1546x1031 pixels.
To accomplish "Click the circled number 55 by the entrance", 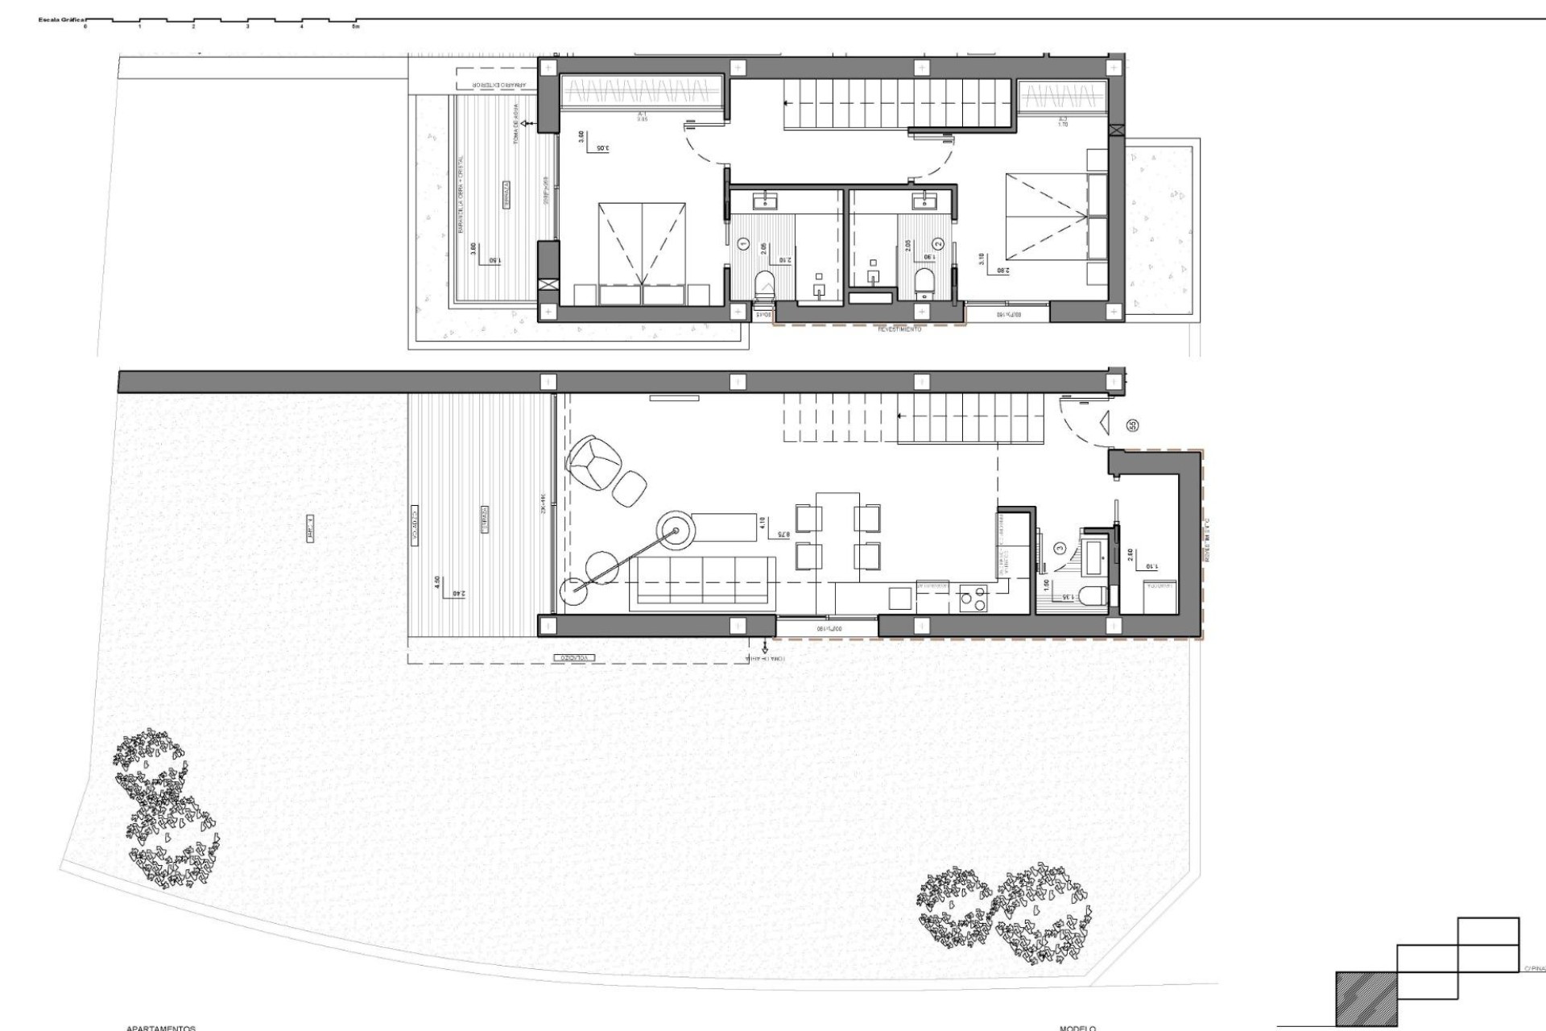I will tap(1133, 425).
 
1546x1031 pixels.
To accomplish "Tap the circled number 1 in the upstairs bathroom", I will tap(743, 243).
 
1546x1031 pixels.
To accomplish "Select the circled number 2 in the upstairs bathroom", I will tap(937, 243).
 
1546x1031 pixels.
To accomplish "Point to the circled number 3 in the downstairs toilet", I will tap(1060, 549).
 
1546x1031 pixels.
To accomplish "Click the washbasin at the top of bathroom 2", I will tap(920, 200).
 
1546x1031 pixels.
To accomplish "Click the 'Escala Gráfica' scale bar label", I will tap(60, 19).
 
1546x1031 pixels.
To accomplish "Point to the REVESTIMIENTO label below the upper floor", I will tap(899, 329).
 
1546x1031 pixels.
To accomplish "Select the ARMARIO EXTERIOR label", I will tap(499, 85).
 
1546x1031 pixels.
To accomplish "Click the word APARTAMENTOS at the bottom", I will tap(161, 1028).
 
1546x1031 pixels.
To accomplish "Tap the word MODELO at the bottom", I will tap(1077, 1028).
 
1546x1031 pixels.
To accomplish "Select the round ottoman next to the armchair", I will tap(630, 487).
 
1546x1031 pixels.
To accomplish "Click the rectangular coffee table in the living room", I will tap(732, 528).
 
